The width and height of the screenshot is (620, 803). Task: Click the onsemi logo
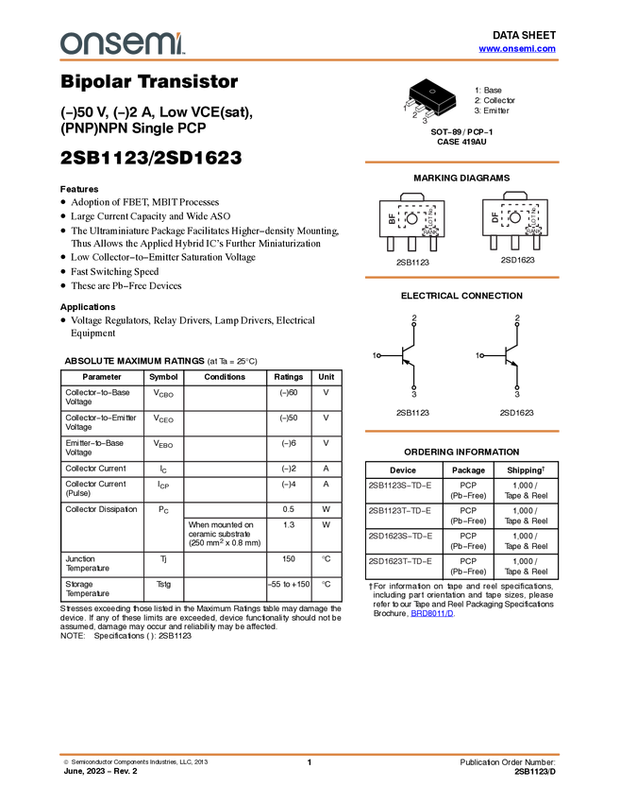click(121, 43)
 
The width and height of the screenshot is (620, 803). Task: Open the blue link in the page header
click(517, 49)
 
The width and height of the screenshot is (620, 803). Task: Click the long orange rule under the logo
click(310, 60)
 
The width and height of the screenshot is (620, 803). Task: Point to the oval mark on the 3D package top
click(433, 91)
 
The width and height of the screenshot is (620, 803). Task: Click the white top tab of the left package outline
click(411, 196)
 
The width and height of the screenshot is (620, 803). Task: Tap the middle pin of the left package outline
click(411, 245)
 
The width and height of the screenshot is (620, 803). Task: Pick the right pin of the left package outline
click(433, 245)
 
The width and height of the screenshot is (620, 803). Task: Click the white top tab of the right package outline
click(515, 195)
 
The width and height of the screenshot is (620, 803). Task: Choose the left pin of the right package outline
click(494, 244)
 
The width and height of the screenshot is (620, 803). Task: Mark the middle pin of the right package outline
click(515, 244)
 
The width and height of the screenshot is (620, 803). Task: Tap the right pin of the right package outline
click(536, 244)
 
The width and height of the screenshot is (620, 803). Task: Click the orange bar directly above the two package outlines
click(461, 162)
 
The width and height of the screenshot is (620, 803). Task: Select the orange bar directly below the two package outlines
click(461, 277)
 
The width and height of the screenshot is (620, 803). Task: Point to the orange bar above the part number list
click(461, 431)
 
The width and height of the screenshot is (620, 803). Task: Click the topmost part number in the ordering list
click(401, 486)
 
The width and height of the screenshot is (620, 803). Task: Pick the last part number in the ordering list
click(401, 562)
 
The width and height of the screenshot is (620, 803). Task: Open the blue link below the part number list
click(432, 613)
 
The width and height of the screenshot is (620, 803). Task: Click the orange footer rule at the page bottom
click(310, 754)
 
